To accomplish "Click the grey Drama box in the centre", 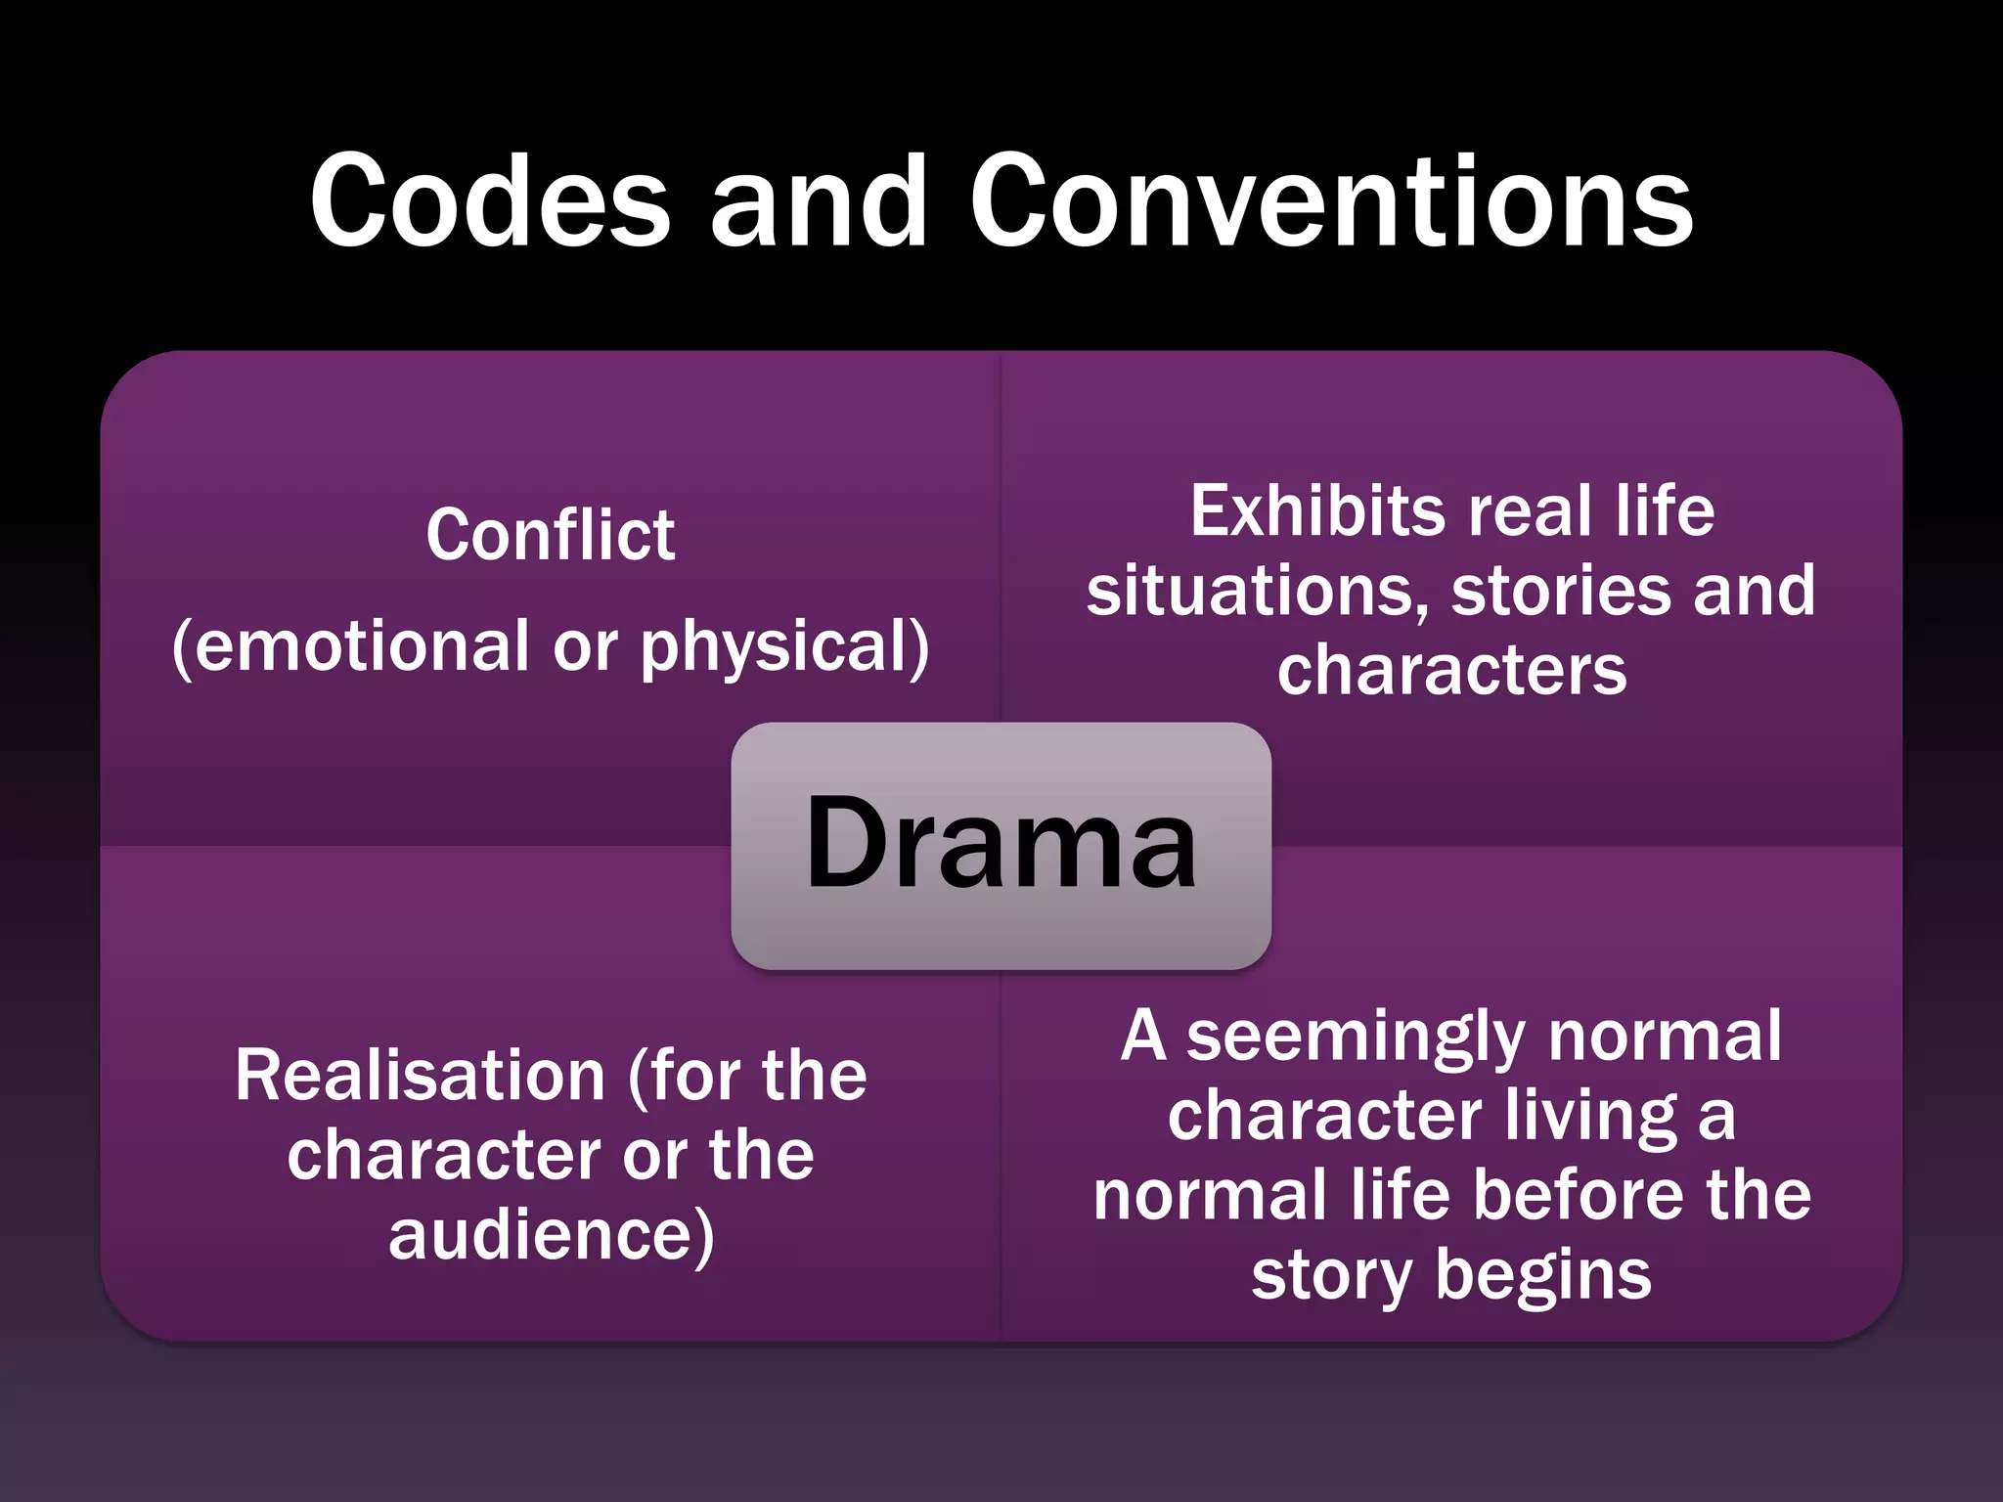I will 1001,845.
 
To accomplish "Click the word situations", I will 1251,592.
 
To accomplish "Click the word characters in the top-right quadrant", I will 1451,671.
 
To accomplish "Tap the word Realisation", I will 421,1076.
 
